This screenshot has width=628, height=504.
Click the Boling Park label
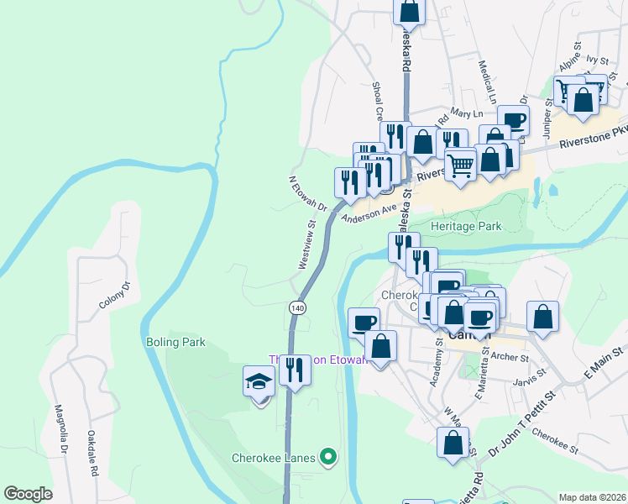[x=175, y=343]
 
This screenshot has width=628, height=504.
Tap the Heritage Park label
[x=465, y=226]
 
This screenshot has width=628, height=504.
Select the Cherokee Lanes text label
[x=274, y=458]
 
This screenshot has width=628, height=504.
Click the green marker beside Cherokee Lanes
[x=328, y=458]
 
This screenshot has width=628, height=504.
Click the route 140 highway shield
[x=297, y=307]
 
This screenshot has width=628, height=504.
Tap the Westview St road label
[x=306, y=244]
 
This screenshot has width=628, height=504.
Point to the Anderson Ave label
[x=368, y=213]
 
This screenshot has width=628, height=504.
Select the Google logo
[x=28, y=494]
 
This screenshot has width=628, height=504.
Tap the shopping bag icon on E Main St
[x=543, y=318]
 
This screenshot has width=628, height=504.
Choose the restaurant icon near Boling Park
[x=294, y=370]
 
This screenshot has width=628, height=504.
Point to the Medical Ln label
[x=486, y=76]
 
